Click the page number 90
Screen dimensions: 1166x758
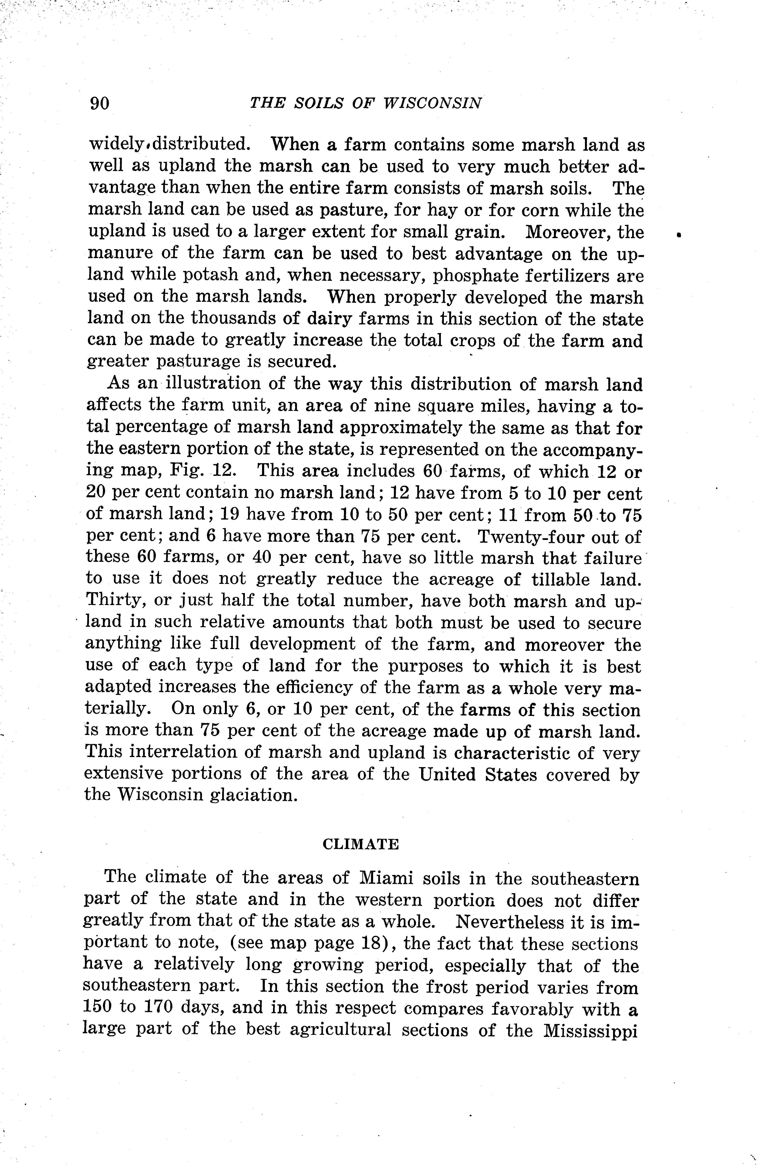coord(99,103)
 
